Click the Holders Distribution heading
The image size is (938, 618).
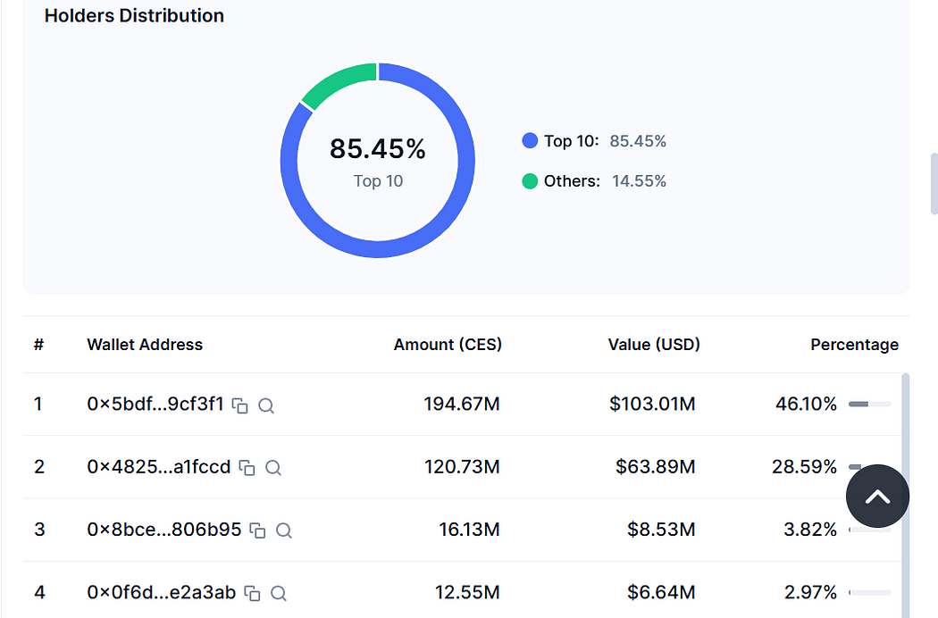134,15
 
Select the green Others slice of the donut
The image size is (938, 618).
338,82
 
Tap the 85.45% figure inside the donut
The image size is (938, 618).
378,148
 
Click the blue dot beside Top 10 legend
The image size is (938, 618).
530,140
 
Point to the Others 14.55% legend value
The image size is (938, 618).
639,180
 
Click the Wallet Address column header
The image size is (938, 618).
145,345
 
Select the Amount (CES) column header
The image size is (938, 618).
448,345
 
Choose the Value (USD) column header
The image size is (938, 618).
654,345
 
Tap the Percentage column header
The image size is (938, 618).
854,345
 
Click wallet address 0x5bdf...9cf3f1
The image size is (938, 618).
155,404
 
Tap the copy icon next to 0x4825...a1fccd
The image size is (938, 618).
247,467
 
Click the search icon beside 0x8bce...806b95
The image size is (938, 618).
283,530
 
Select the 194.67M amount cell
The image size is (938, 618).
462,404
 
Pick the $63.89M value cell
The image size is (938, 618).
656,467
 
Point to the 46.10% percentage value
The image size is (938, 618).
806,404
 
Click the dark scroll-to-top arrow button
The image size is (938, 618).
877,496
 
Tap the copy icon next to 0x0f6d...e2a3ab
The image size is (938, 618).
253,593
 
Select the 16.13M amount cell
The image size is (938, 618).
469,530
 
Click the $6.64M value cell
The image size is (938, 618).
661,592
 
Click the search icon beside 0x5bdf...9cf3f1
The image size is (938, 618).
266,405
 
